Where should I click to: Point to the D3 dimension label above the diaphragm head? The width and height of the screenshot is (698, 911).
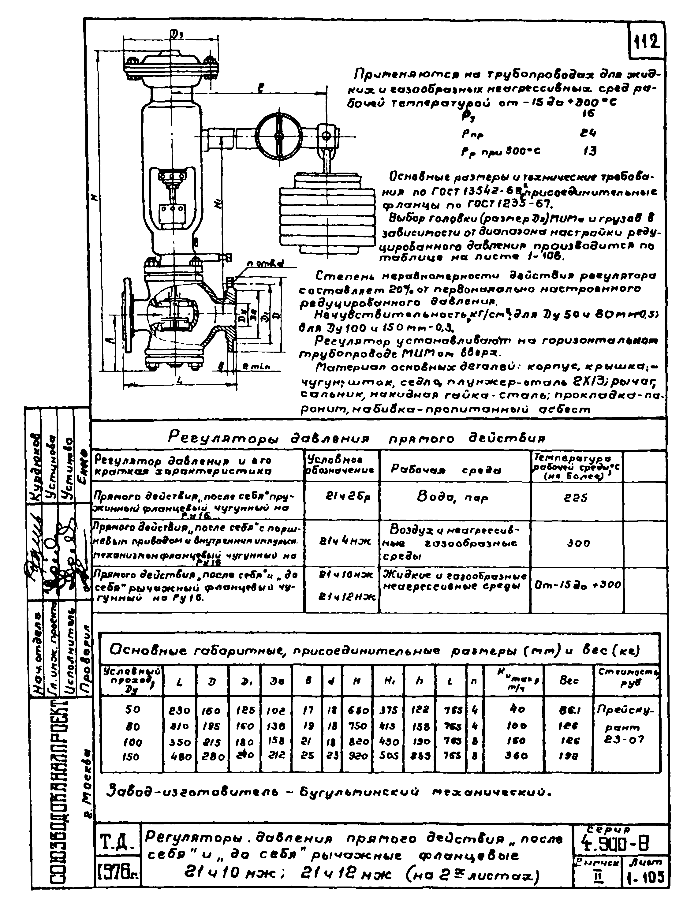pos(175,34)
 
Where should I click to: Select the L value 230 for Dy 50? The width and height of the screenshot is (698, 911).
pos(180,711)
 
